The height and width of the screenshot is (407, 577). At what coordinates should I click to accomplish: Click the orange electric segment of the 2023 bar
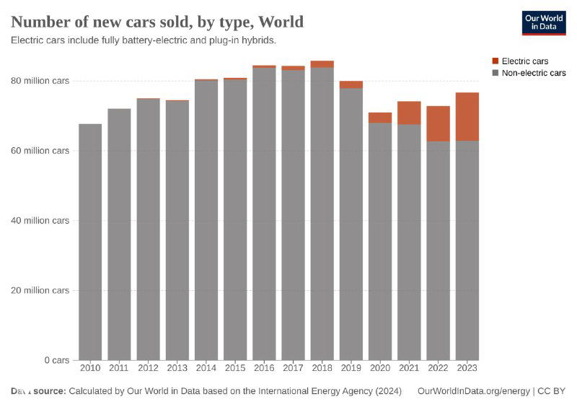click(x=467, y=117)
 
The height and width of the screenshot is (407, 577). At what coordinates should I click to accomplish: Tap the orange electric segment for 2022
click(x=438, y=123)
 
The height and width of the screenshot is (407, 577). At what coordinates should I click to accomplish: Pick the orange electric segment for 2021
click(x=409, y=113)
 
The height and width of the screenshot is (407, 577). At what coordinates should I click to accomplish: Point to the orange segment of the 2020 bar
click(x=380, y=118)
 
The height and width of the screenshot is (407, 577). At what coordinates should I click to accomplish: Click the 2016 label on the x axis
click(x=264, y=368)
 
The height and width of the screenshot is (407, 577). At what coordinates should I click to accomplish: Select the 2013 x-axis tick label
click(x=177, y=368)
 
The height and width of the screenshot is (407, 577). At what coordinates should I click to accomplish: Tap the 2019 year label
click(x=351, y=368)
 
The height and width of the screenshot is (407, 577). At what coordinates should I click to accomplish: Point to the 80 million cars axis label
click(x=40, y=81)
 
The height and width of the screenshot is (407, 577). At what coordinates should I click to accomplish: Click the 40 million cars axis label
click(x=40, y=221)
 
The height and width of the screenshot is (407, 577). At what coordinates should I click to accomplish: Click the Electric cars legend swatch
click(x=495, y=61)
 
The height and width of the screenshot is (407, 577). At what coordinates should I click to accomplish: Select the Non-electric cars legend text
click(x=534, y=73)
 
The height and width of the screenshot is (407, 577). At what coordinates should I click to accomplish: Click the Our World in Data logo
click(x=544, y=23)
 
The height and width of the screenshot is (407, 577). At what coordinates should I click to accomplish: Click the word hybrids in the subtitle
click(x=260, y=40)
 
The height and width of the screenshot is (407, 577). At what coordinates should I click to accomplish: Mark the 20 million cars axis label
click(x=40, y=290)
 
